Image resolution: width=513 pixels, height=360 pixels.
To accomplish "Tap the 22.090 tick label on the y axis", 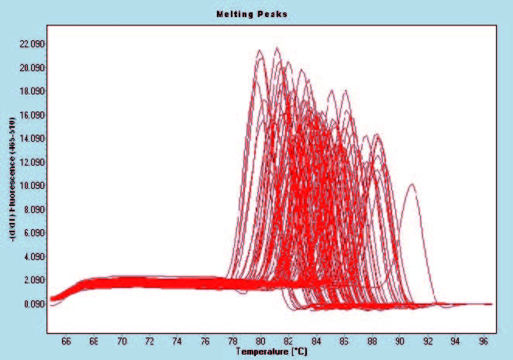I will [31, 44].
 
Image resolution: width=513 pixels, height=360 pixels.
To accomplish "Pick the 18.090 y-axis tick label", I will [31, 91].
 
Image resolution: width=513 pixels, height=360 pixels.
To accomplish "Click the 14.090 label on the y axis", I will [31, 139].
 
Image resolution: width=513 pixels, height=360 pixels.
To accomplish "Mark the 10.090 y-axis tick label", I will [31, 186].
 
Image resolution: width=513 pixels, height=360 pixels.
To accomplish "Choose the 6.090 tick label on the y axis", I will [33, 233].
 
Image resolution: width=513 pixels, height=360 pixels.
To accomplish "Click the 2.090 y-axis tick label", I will [33, 280].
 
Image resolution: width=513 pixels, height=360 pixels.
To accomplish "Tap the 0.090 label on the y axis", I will [33, 304].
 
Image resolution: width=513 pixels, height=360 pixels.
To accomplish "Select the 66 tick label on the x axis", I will [66, 339].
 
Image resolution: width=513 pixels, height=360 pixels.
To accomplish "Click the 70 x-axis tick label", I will [122, 339].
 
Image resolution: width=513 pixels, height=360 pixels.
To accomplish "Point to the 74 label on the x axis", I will [177, 339].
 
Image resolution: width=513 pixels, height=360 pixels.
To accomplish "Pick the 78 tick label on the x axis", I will [232, 339].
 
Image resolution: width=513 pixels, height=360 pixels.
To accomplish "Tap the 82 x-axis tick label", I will [288, 339].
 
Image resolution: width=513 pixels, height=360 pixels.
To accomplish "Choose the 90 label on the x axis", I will [400, 339].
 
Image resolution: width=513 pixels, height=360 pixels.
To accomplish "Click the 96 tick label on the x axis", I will [483, 339].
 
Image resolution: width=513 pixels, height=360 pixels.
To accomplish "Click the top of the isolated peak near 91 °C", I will [412, 184].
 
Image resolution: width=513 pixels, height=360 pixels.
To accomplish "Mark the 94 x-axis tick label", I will [455, 339].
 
